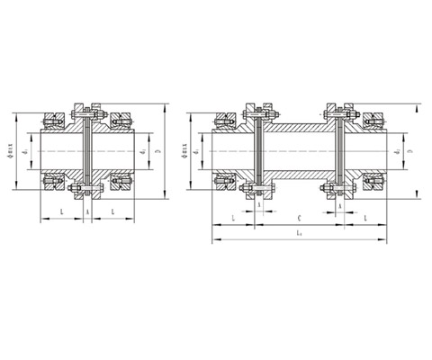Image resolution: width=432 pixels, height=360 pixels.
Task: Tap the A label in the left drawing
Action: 86,210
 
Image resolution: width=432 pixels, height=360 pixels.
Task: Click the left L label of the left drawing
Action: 60,210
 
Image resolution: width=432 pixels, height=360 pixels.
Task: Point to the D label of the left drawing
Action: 158,154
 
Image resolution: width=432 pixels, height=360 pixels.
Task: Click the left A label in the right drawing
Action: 259,205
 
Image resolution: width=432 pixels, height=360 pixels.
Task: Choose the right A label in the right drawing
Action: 338,205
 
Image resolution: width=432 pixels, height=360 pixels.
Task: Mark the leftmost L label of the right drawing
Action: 233,219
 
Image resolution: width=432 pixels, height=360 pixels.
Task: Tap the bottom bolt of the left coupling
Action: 85,192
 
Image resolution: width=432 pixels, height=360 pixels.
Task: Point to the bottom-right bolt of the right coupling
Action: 339,192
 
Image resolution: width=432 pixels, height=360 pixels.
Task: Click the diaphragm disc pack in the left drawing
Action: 85,153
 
